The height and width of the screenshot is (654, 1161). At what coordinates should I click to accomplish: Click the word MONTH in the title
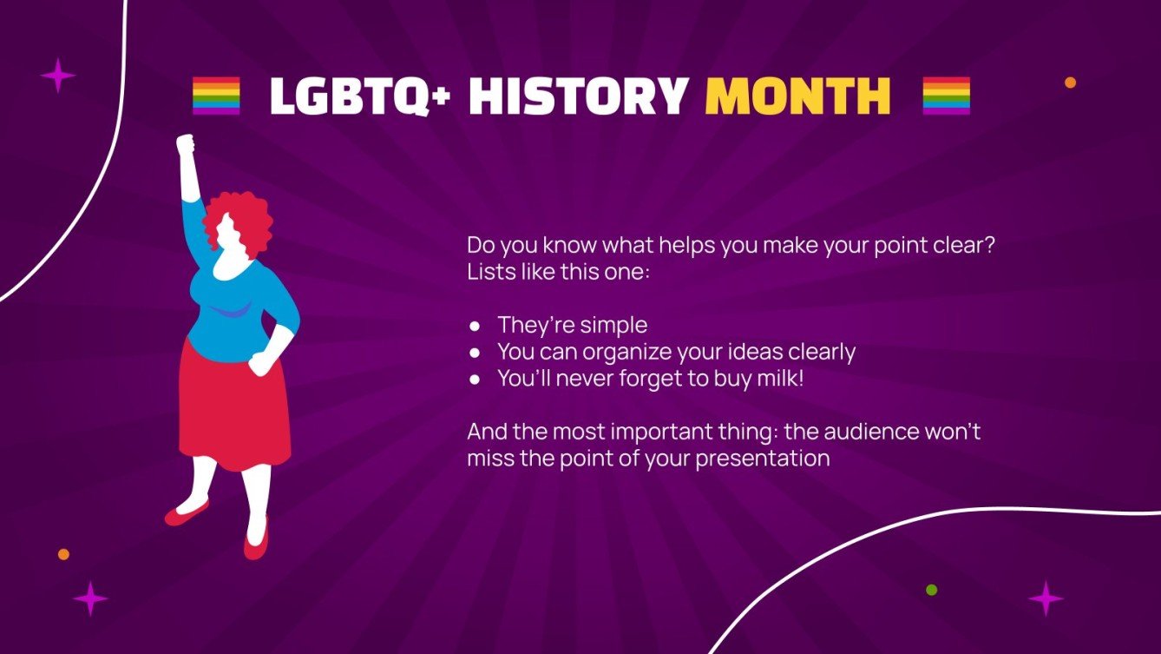pos(797,96)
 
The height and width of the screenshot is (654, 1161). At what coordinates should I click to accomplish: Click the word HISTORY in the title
pos(579,96)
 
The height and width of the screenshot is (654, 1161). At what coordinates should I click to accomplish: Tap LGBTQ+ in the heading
pos(361,96)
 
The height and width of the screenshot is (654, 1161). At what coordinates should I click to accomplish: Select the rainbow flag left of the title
pos(216,96)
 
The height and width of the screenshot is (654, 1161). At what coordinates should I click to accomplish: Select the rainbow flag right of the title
pos(946,96)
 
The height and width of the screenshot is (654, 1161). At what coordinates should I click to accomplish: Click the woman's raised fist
pos(185,143)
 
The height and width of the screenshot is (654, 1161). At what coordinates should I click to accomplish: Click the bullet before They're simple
pos(475,327)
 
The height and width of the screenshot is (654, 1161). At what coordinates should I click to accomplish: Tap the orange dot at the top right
pos(1070,83)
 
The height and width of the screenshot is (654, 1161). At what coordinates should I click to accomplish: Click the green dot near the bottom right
pos(932,590)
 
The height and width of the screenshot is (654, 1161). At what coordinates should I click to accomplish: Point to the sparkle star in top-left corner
pos(58,76)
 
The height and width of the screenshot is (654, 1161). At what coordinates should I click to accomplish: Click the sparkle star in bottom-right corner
pos(1046,599)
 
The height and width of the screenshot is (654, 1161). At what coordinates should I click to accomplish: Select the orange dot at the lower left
pos(63,554)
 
